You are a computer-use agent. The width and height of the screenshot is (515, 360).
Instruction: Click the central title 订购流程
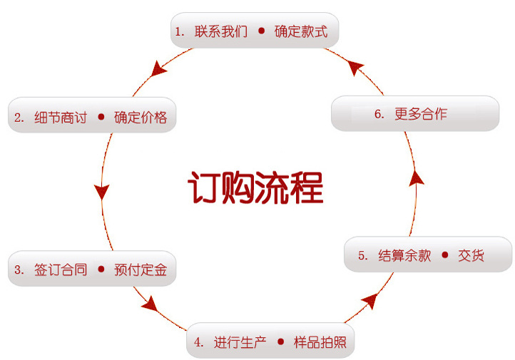255,187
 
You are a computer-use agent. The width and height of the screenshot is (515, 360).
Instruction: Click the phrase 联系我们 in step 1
220,31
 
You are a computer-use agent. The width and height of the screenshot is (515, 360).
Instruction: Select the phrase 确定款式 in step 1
300,31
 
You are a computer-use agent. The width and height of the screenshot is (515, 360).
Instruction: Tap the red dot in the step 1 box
261,31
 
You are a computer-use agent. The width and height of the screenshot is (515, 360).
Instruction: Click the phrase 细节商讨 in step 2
60,118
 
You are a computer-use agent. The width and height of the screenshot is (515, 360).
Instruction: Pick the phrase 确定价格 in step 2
141,118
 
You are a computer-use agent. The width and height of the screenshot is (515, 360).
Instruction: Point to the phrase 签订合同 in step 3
60,270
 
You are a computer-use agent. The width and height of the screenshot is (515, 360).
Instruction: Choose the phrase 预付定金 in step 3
141,270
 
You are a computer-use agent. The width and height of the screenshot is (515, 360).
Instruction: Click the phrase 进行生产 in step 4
240,342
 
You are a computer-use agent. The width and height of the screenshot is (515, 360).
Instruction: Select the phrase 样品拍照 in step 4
320,342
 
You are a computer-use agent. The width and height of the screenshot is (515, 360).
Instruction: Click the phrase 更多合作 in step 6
421,114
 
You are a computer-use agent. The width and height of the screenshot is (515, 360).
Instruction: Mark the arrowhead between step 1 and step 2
160,69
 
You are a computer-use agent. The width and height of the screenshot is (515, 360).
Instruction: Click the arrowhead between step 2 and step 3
101,191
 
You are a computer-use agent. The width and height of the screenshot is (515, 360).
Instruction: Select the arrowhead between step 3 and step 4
149,304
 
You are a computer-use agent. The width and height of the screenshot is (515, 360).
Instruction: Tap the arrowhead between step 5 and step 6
417,177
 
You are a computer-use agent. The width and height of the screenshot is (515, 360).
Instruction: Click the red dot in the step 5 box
445,255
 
